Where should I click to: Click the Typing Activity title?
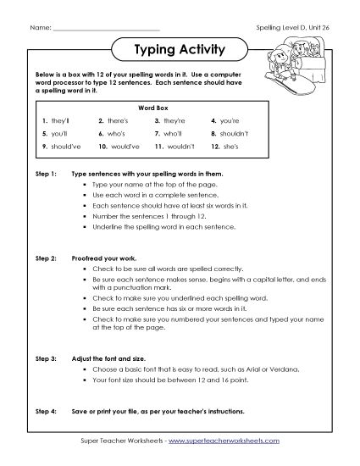[180, 49]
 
